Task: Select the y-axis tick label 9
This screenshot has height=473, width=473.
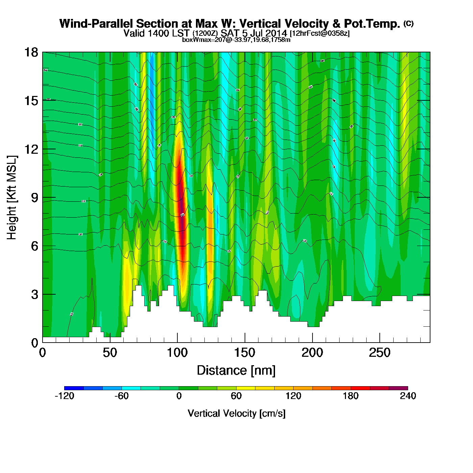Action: click(x=34, y=198)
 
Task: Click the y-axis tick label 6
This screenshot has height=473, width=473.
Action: click(x=34, y=246)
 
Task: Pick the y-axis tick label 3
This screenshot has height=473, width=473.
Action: click(x=34, y=294)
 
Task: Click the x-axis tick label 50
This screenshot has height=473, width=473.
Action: click(x=110, y=353)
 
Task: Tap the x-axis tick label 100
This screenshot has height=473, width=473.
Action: click(x=177, y=353)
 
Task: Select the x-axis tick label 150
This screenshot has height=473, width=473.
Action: click(x=245, y=353)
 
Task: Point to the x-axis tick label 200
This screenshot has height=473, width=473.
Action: click(x=312, y=353)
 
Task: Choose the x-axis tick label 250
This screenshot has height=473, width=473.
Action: click(x=380, y=353)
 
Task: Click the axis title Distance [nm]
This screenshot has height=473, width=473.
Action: click(x=236, y=371)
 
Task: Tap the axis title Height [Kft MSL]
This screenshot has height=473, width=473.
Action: click(x=12, y=198)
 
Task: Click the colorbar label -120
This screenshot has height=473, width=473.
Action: click(x=64, y=396)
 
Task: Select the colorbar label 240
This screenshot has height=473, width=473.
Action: click(x=408, y=396)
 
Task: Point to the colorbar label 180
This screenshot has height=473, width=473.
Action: click(x=350, y=396)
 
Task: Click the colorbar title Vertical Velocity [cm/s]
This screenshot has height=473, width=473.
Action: click(x=236, y=413)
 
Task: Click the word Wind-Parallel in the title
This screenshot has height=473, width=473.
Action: click(x=96, y=24)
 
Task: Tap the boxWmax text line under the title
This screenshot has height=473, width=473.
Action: click(x=236, y=40)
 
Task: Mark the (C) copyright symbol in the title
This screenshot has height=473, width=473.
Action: click(x=408, y=23)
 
